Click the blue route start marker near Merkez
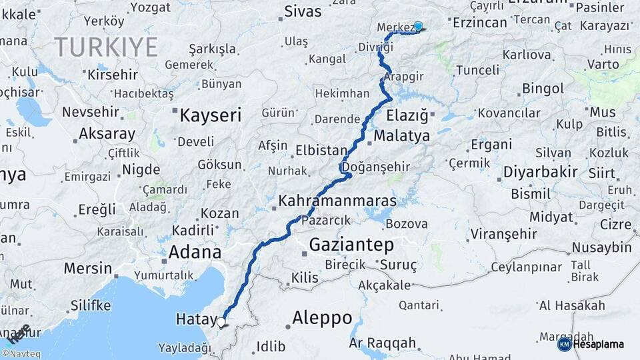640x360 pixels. (x=418, y=27)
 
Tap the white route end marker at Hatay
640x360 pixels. (x=221, y=322)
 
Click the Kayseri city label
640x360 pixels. (x=210, y=115)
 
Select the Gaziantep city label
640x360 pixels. (x=351, y=245)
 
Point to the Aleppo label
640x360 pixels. (x=321, y=318)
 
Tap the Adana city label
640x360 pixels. (x=194, y=252)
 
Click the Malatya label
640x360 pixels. (x=401, y=136)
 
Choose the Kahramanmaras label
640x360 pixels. (x=337, y=200)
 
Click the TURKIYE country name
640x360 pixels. (x=106, y=47)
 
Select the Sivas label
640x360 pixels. (x=303, y=11)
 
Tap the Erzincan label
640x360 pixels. (x=480, y=23)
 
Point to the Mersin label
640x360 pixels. (x=88, y=269)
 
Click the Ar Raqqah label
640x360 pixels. (x=382, y=343)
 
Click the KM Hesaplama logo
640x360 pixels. (x=591, y=344)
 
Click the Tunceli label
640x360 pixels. (x=477, y=70)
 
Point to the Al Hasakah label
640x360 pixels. (x=572, y=306)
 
